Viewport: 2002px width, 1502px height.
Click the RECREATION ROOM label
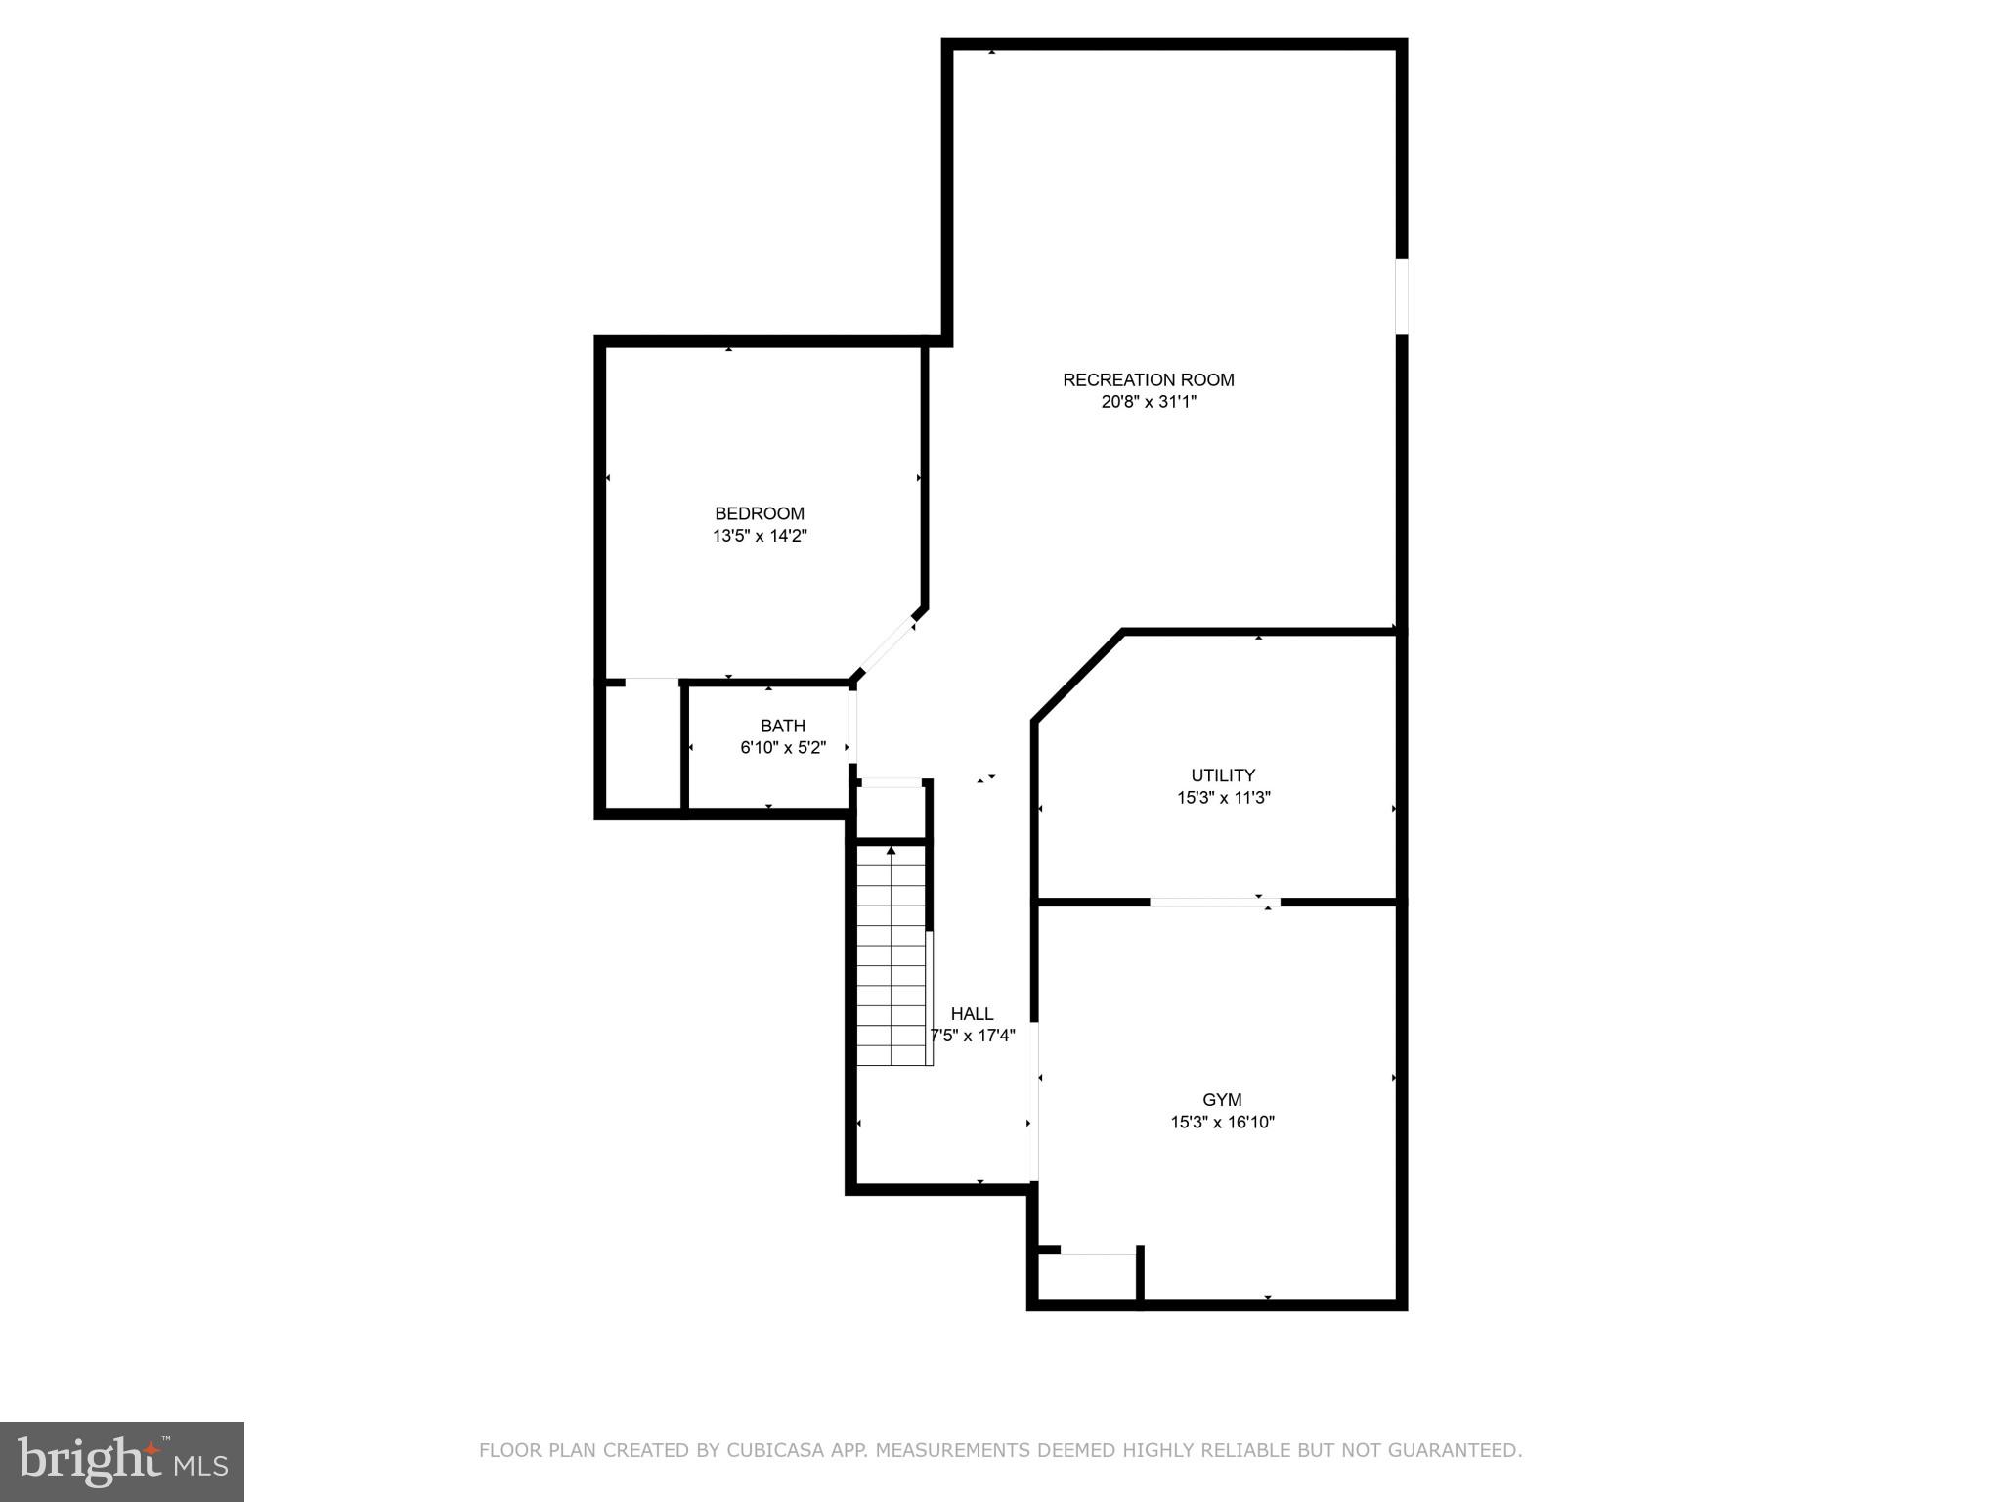(1148, 379)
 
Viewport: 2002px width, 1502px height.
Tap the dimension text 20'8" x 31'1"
(1148, 402)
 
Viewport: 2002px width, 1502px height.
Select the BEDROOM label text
(759, 513)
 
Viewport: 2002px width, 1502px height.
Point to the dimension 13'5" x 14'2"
(759, 536)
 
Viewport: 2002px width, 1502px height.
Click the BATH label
(782, 726)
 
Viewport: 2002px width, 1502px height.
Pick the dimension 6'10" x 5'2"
(782, 748)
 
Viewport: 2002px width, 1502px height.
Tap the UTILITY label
(1222, 775)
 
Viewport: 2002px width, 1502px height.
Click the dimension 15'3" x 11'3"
(1222, 798)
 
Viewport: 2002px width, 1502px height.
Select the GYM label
(1222, 1100)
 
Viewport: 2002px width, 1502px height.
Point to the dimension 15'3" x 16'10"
(1222, 1123)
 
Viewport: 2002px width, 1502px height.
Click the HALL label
(972, 1014)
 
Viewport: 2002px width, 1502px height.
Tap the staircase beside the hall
(891, 968)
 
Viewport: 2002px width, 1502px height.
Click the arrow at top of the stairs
(891, 851)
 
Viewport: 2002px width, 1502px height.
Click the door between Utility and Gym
(1214, 902)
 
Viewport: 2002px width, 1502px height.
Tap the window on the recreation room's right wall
(1401, 296)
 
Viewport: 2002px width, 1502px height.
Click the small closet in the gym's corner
(1088, 1276)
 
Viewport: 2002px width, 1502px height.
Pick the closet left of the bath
(641, 745)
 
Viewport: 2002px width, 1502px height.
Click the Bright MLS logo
(121, 1461)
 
